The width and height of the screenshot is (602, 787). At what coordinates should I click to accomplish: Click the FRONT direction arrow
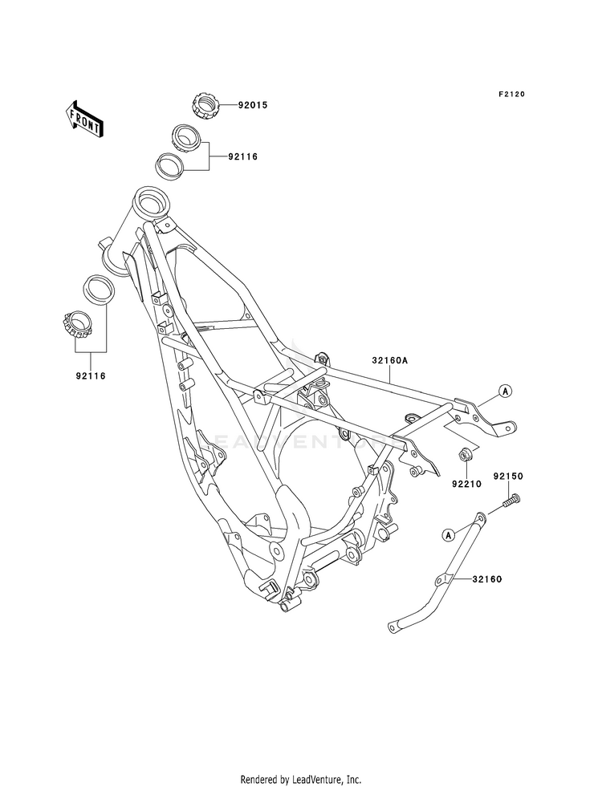[83, 119]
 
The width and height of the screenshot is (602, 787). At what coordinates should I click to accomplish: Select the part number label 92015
[253, 105]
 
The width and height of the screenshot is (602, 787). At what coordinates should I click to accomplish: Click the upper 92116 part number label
[242, 157]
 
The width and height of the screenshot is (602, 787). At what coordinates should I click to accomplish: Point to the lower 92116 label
[91, 375]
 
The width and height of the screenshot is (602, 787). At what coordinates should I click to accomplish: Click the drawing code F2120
[511, 94]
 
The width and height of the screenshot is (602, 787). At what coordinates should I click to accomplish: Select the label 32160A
[390, 360]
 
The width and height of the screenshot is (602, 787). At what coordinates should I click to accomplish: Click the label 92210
[466, 485]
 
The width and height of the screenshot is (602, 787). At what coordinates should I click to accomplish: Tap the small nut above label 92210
[463, 455]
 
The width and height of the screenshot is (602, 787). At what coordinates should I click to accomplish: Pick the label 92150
[508, 476]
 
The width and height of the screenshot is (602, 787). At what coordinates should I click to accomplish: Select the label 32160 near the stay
[486, 579]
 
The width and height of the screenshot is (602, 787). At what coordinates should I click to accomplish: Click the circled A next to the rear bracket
[505, 390]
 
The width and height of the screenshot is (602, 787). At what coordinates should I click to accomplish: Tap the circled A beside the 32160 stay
[448, 535]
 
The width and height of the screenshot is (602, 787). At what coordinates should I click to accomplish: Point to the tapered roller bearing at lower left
[75, 326]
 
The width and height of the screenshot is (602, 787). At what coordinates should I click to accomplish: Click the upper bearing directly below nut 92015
[185, 137]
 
